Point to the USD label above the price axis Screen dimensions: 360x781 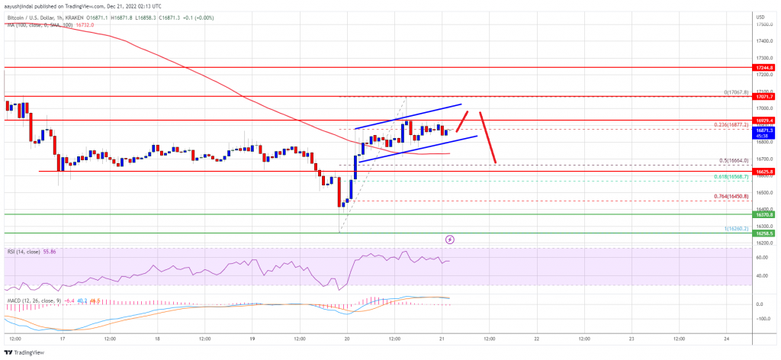pyautogui.click(x=760, y=16)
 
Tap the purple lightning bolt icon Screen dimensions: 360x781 pyautogui.click(x=450, y=239)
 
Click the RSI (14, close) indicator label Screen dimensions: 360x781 pyautogui.click(x=25, y=251)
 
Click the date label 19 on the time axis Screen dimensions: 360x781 pyautogui.click(x=252, y=338)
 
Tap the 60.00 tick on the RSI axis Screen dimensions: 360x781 pyautogui.click(x=761, y=258)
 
